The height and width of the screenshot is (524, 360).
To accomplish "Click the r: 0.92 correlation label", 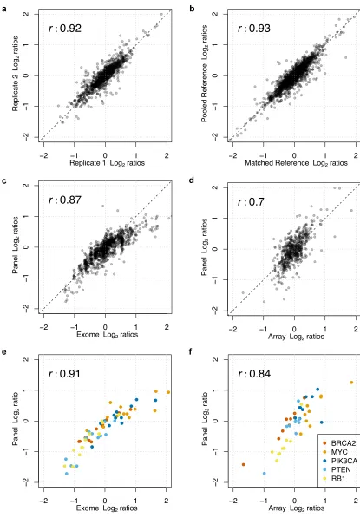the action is pyautogui.click(x=65, y=28).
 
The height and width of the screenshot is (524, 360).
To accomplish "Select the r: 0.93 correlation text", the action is pyautogui.click(x=253, y=28).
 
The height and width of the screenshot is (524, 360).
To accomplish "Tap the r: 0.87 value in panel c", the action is pyautogui.click(x=65, y=200).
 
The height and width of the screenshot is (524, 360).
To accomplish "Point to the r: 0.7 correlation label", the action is pyautogui.click(x=251, y=202).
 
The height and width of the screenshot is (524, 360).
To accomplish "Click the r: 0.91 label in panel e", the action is pyautogui.click(x=64, y=373).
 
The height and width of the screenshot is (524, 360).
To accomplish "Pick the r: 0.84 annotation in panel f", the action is pyautogui.click(x=254, y=373).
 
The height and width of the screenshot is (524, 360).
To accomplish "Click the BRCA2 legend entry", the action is pyautogui.click(x=339, y=443).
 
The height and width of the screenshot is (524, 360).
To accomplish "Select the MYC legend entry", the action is pyautogui.click(x=335, y=452).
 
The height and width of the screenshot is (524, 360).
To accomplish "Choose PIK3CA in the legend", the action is pyautogui.click(x=339, y=461).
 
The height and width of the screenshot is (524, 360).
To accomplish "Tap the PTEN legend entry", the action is pyautogui.click(x=337, y=469).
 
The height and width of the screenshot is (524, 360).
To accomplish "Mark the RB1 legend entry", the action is pyautogui.click(x=334, y=479).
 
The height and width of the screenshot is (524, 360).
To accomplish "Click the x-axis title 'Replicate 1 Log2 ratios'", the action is pyautogui.click(x=107, y=163).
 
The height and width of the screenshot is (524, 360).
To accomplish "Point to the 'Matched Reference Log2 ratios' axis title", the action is pyautogui.click(x=296, y=163).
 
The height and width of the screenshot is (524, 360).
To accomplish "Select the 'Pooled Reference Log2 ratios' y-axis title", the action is pyautogui.click(x=205, y=74).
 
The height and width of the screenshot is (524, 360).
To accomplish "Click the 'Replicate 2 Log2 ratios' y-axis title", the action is pyautogui.click(x=16, y=74).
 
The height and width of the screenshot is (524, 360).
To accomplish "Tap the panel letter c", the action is pyautogui.click(x=3, y=180).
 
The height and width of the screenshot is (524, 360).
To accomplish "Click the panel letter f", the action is pyautogui.click(x=191, y=351).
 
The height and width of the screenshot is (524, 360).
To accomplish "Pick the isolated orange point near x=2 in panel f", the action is pyautogui.click(x=351, y=383).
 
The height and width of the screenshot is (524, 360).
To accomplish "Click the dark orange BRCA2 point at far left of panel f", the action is pyautogui.click(x=244, y=464).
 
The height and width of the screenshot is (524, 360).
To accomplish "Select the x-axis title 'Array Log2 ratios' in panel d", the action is pyautogui.click(x=296, y=337).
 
